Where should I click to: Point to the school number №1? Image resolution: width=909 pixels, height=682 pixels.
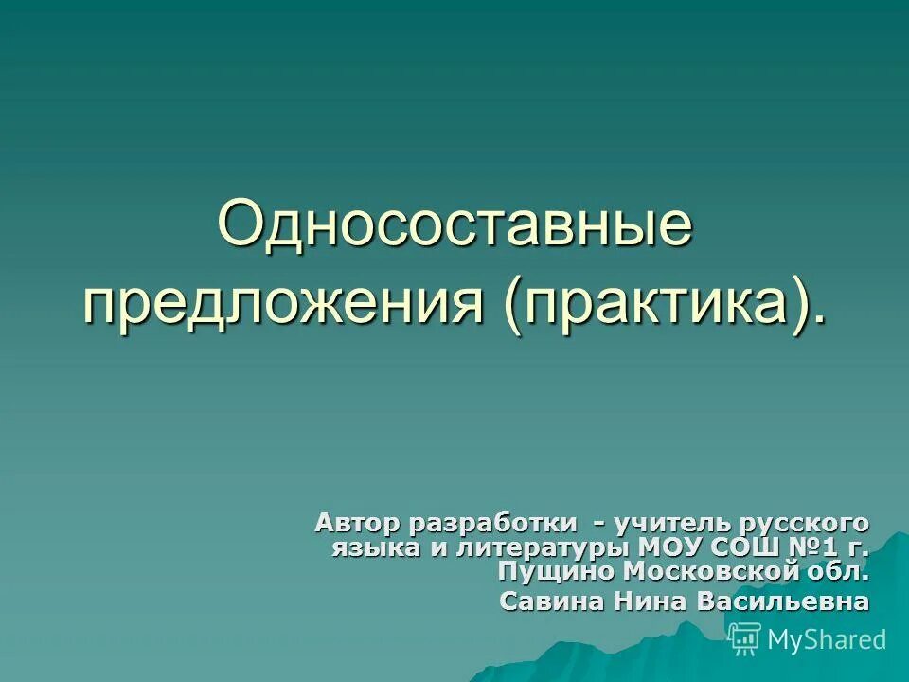813,547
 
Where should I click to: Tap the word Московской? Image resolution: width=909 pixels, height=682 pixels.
712,572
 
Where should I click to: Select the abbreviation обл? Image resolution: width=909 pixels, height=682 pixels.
841,572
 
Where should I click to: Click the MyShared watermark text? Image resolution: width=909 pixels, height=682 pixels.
827,639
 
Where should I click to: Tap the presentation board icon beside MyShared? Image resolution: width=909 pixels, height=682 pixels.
744,638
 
